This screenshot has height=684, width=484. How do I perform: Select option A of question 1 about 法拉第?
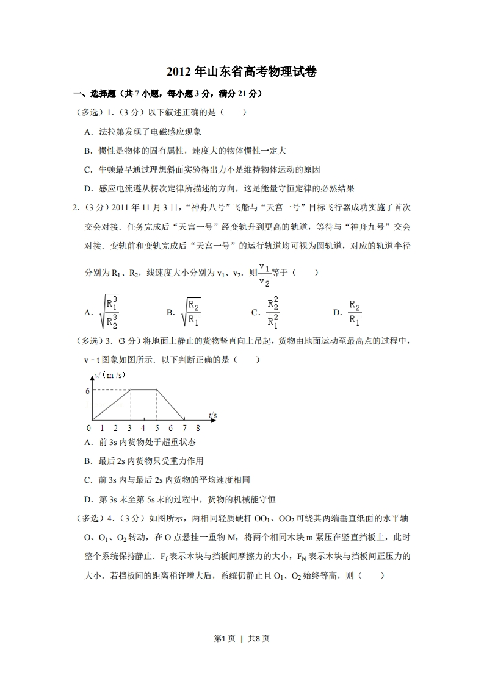tap(143, 132)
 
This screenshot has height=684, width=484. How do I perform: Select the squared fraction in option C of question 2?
tap(273, 312)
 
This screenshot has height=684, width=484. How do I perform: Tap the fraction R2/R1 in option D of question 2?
tap(355, 312)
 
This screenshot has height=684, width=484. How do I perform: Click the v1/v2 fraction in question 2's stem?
tap(264, 272)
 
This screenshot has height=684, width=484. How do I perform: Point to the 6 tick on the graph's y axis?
tap(87, 391)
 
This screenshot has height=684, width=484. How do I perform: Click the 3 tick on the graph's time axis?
tap(130, 428)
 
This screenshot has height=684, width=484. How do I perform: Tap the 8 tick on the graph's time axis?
tap(198, 428)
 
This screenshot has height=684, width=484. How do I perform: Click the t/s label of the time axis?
tap(212, 416)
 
